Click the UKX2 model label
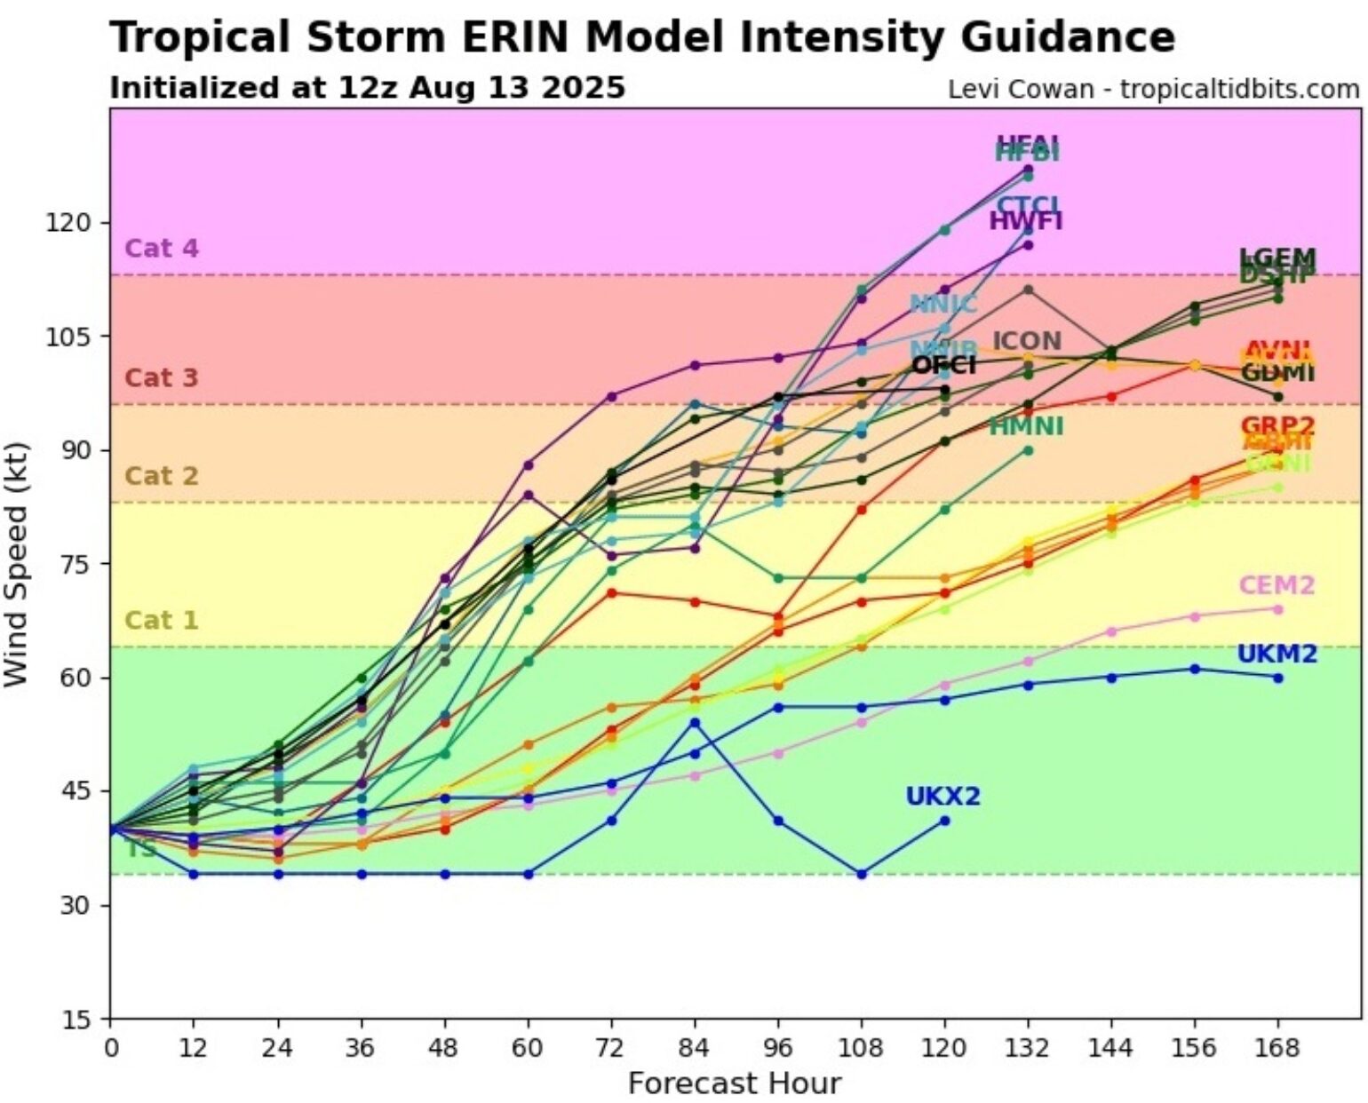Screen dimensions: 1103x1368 tap(942, 797)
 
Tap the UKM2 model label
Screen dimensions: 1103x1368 tap(1277, 655)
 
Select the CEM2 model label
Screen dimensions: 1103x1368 tap(1277, 586)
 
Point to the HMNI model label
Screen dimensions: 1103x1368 tap(1026, 427)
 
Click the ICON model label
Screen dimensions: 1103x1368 tap(1026, 341)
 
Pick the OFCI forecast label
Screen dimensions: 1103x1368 tap(943, 365)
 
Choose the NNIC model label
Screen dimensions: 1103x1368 tap(942, 305)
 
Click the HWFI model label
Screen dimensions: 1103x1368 tap(1026, 221)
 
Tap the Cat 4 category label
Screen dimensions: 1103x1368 tap(162, 248)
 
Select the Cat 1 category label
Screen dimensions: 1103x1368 tap(162, 620)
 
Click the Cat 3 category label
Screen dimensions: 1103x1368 tap(162, 377)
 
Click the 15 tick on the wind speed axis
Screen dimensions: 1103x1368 tap(78, 1019)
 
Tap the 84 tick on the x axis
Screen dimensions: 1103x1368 tap(695, 1049)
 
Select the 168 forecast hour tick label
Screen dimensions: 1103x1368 tap(1277, 1049)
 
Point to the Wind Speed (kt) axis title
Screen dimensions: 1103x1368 tap(17, 564)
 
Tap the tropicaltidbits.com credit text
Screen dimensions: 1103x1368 tap(1239, 90)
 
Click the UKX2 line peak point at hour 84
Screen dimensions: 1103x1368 tap(695, 722)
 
